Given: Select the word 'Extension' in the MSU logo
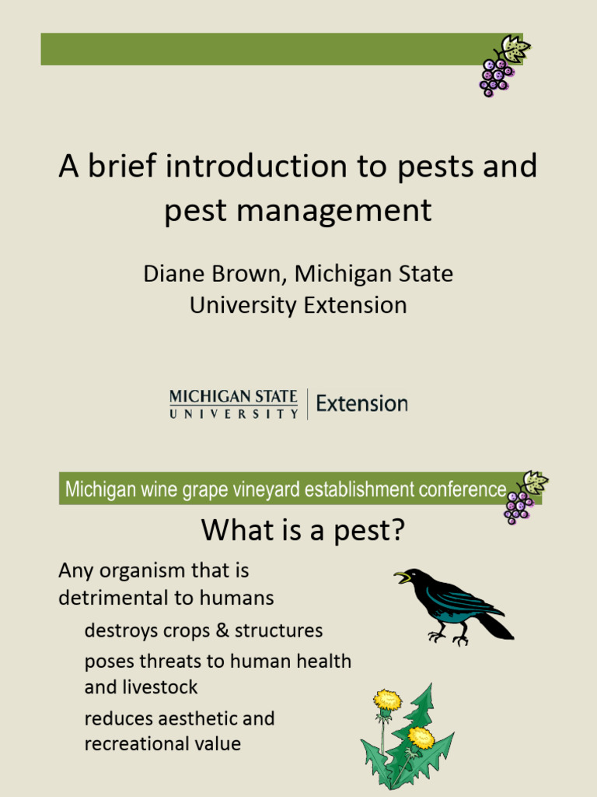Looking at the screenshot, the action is (362, 404).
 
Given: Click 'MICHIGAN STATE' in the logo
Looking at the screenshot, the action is (233, 397).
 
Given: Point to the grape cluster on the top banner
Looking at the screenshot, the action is (503, 66).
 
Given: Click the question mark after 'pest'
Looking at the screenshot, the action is (397, 529).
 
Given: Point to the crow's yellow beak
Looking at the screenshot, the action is (402, 578).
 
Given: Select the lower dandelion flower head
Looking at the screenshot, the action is (421, 738).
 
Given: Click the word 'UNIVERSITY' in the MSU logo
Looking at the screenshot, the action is (233, 414).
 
